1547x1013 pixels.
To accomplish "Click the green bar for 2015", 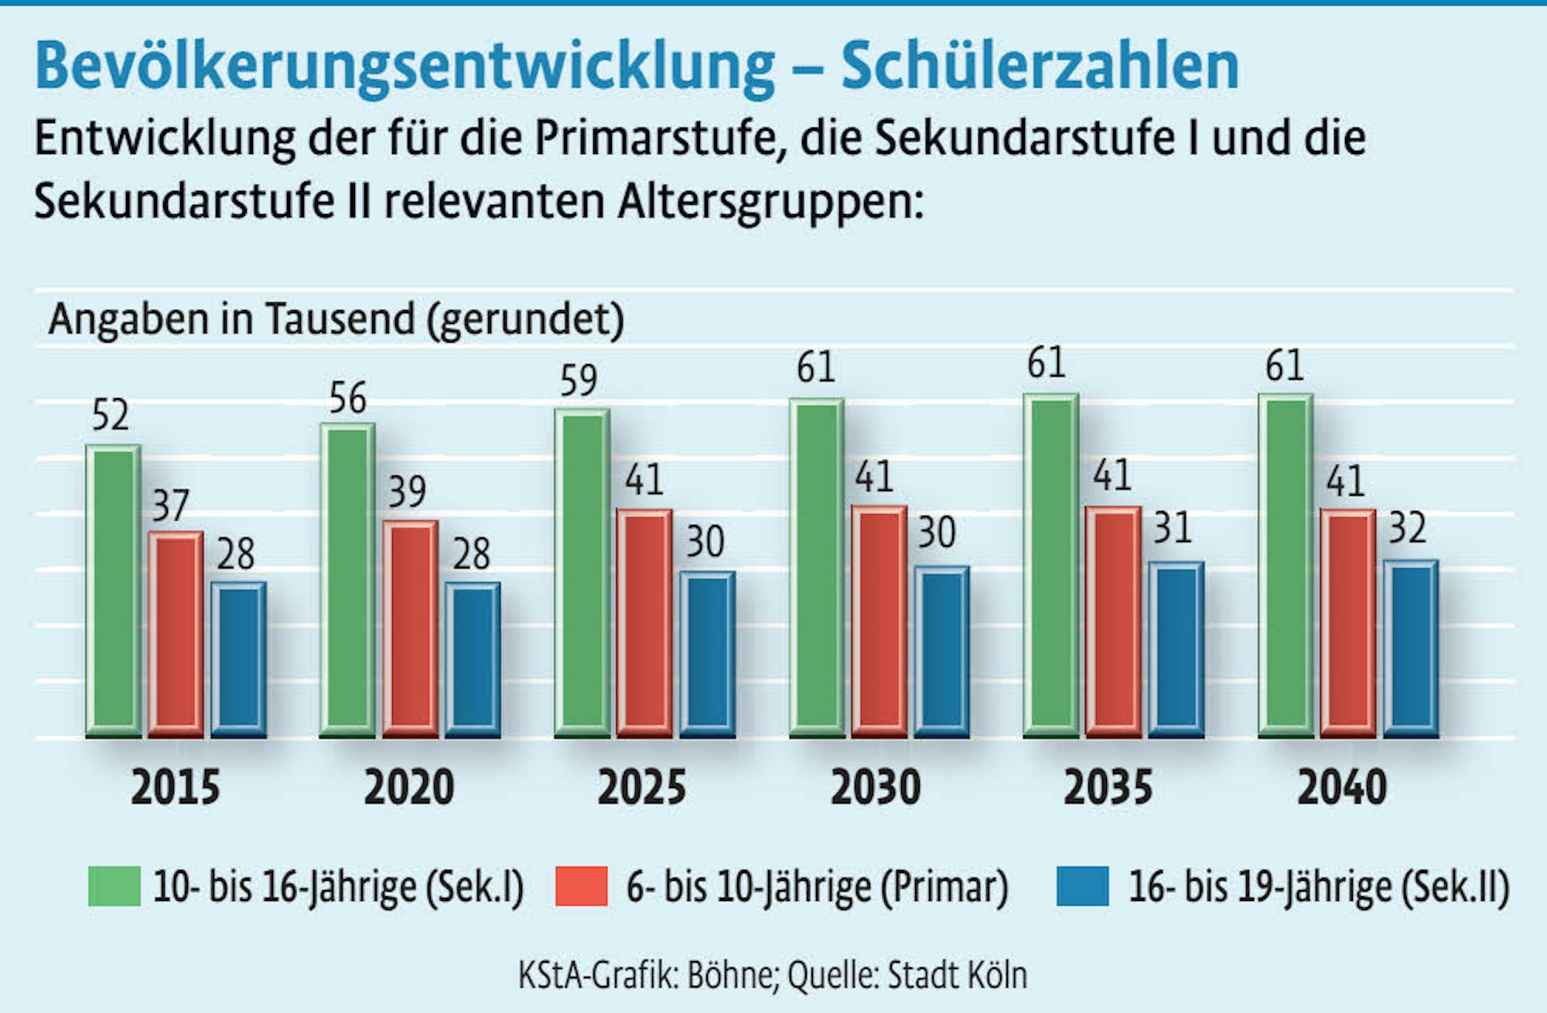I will [113, 591].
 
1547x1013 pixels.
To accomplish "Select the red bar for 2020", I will [410, 628].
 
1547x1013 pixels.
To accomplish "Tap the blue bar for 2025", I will [707, 654].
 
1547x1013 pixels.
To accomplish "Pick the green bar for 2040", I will [1286, 564].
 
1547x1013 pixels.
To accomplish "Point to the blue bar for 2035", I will [1176, 650].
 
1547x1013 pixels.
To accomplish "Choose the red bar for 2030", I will [879, 620].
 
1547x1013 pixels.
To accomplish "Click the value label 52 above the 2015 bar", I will [110, 415].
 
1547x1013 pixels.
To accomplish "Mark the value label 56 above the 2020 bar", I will [347, 398].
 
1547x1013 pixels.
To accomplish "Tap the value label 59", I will [579, 380].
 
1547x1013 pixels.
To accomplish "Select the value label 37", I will [170, 506].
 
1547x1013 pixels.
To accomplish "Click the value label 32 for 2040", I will [1407, 528].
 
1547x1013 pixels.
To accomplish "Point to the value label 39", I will [407, 492].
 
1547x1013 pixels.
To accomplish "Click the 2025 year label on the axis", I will [641, 788].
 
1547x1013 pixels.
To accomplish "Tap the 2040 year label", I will [1342, 788].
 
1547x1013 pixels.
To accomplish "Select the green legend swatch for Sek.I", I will [114, 886].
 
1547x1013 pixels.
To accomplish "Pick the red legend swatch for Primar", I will [581, 886].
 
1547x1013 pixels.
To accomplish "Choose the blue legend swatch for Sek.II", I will [1082, 886].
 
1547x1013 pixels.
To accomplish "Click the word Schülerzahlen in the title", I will [1040, 67].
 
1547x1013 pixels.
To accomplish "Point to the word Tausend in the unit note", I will [340, 319].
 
